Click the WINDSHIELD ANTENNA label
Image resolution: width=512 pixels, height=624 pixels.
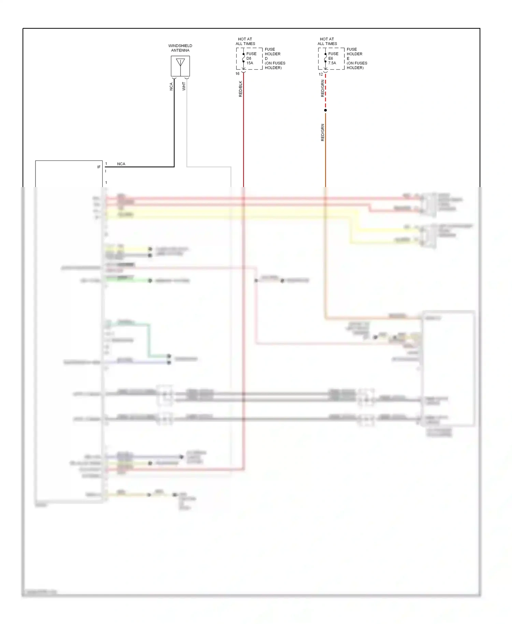pyautogui.click(x=180, y=48)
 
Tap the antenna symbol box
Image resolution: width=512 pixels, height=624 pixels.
pyautogui.click(x=180, y=66)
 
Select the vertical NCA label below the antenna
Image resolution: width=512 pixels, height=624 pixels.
pyautogui.click(x=171, y=87)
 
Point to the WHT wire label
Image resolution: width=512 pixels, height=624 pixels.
pyautogui.click(x=184, y=86)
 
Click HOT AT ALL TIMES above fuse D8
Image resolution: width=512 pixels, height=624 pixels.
pyautogui.click(x=245, y=41)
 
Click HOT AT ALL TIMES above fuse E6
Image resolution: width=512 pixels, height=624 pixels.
pyautogui.click(x=327, y=41)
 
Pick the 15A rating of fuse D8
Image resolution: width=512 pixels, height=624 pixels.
pyautogui.click(x=250, y=63)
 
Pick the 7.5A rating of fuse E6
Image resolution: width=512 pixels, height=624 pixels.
pyautogui.click(x=332, y=63)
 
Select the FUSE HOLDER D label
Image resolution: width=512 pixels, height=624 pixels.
pyautogui.click(x=274, y=58)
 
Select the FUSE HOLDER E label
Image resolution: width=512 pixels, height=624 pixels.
pyautogui.click(x=356, y=58)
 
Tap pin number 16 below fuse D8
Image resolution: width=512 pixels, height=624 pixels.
pyautogui.click(x=238, y=74)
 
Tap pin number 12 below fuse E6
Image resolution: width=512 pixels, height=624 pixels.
pyautogui.click(x=321, y=74)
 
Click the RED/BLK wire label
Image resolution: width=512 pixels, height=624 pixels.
pyautogui.click(x=240, y=89)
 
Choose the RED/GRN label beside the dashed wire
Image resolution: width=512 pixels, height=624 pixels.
pyautogui.click(x=323, y=88)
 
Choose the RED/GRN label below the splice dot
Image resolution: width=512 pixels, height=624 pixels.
pyautogui.click(x=323, y=132)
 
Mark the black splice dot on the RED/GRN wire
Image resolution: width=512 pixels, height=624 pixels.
pyautogui.click(x=325, y=110)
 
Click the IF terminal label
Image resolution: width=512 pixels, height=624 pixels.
pyautogui.click(x=99, y=167)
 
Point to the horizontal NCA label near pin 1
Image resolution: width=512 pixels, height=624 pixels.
pyautogui.click(x=121, y=164)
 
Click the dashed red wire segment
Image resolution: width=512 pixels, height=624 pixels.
pyautogui.click(x=325, y=92)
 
